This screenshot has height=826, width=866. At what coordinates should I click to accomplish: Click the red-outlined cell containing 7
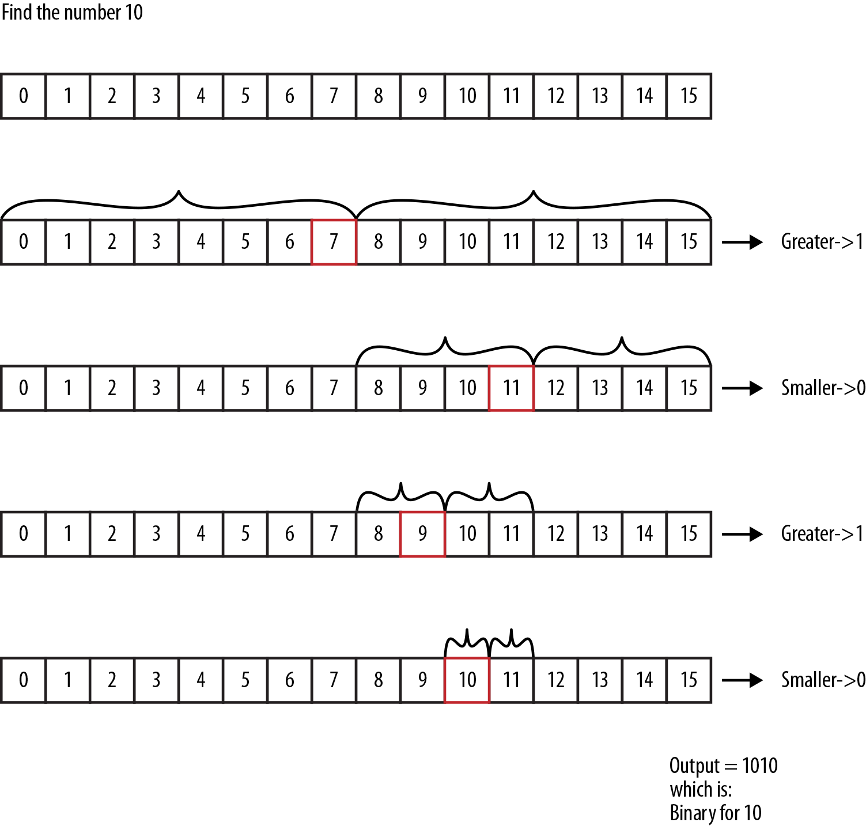point(334,242)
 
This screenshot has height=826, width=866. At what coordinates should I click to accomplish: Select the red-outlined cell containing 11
point(511,388)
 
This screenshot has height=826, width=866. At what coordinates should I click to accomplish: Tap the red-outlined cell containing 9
point(422,534)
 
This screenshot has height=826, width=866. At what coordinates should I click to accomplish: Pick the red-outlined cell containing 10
point(467,680)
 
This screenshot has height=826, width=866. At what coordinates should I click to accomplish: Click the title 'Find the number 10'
point(72,12)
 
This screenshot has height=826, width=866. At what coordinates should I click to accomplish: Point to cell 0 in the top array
point(23,96)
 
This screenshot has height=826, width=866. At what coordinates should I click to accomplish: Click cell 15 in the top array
point(689,96)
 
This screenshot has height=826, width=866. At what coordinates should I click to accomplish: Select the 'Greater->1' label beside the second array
point(822,242)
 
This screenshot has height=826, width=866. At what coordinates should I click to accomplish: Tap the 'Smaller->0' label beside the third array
point(823,388)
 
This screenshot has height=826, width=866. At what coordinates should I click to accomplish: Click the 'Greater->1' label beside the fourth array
point(822,534)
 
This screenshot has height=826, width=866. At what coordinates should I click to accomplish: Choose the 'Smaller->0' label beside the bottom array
point(823,680)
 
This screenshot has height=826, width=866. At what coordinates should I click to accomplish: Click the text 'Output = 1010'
point(723,766)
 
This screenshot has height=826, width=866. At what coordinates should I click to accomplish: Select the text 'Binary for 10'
point(715,813)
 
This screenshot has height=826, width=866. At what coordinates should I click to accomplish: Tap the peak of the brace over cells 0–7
point(179,192)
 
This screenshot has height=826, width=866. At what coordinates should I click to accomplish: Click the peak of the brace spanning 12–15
point(622,338)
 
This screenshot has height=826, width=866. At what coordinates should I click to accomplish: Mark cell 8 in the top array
point(378,96)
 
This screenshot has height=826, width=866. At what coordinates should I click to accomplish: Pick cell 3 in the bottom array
point(156,680)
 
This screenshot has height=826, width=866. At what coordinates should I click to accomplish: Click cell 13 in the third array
point(600,388)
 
